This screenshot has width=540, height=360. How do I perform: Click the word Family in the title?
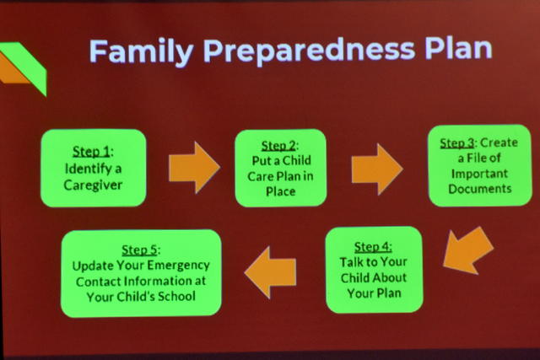click(141, 51)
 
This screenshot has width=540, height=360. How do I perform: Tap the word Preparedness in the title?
click(309, 51)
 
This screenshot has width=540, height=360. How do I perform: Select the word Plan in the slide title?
click(458, 48)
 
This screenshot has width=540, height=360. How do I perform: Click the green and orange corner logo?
click(23, 67)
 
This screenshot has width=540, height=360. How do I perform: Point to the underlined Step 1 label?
click(92, 152)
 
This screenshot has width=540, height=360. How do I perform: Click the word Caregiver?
click(93, 185)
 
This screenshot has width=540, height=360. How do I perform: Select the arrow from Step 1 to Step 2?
click(194, 168)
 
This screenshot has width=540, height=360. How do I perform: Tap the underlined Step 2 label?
click(278, 146)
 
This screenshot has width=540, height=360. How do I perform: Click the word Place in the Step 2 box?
click(281, 191)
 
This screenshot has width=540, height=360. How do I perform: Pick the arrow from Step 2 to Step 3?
click(377, 169)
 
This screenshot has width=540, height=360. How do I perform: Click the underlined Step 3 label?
click(457, 143)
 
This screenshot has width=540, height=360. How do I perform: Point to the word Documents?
click(480, 189)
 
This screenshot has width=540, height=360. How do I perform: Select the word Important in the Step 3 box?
click(479, 174)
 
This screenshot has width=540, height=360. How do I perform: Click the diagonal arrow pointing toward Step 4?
click(467, 250)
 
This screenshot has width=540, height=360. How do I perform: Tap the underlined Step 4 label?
click(373, 247)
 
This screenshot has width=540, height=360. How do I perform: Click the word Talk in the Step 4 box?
click(351, 262)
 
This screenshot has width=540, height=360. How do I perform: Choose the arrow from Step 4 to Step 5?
click(270, 272)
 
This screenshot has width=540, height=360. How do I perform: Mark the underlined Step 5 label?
click(140, 250)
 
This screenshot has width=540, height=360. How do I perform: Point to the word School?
click(176, 296)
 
